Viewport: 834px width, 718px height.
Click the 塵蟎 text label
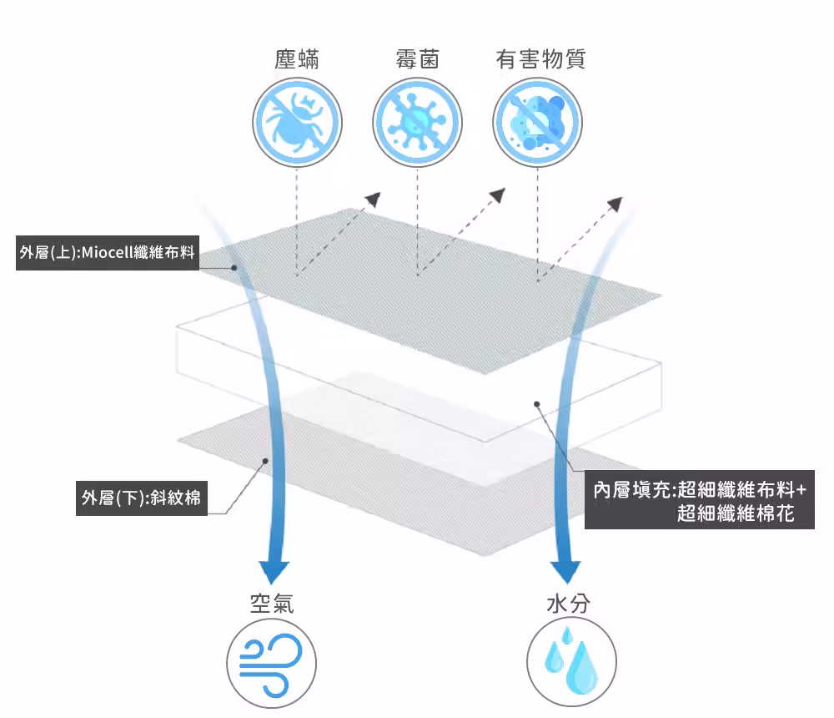click(297, 59)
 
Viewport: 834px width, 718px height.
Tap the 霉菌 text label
click(418, 59)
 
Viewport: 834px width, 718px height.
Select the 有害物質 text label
click(541, 59)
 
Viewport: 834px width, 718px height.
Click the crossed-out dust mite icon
click(297, 123)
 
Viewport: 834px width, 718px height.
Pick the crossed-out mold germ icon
click(418, 123)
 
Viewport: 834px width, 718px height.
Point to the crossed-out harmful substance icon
click(538, 123)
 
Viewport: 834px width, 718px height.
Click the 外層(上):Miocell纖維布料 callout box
click(108, 252)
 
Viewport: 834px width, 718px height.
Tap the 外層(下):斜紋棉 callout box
click(142, 498)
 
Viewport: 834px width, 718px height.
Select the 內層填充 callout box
click(700, 499)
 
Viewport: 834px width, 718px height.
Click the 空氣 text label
click(272, 604)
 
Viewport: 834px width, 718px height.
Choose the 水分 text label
click(568, 604)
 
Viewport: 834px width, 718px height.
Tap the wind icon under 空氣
click(271, 664)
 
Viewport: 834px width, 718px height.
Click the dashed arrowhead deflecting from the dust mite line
click(374, 200)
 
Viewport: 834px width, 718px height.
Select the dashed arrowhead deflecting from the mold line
click(498, 195)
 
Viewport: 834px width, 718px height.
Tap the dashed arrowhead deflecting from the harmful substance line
click(615, 204)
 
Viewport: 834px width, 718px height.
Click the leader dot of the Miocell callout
click(234, 267)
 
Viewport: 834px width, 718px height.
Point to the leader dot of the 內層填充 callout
click(537, 404)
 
